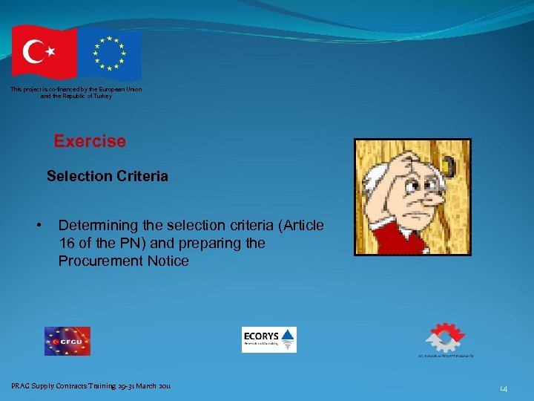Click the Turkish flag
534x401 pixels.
[x=43, y=51]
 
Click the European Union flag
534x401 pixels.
[x=110, y=54]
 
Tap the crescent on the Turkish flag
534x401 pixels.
[x=35, y=51]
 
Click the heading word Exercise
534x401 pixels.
[x=90, y=141]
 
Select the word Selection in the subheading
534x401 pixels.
[x=79, y=177]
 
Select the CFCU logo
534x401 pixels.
[x=67, y=341]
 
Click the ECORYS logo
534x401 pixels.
[x=268, y=339]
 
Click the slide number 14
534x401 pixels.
[x=504, y=388]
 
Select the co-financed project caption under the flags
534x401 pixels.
[x=76, y=93]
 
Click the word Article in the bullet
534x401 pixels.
[x=300, y=225]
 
